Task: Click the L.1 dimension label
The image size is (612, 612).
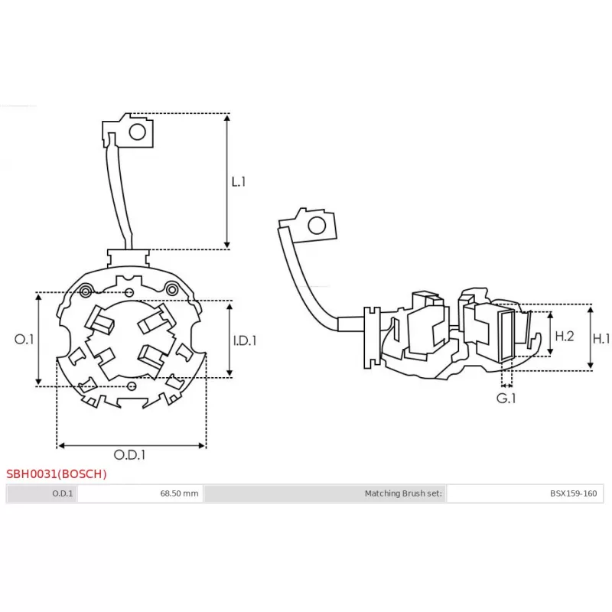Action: (x=239, y=182)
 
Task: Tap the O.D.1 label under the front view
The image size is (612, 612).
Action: (x=130, y=454)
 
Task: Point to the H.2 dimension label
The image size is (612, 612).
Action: (x=564, y=336)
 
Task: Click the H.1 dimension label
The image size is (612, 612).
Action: (x=602, y=338)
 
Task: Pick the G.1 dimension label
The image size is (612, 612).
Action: (x=505, y=399)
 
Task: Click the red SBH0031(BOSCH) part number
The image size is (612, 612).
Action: (x=57, y=474)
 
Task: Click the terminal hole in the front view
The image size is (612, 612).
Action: (x=137, y=132)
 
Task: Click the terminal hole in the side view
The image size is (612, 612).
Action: (x=315, y=226)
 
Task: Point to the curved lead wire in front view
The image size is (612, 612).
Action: (x=117, y=191)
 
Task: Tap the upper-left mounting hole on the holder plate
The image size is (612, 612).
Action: (x=86, y=290)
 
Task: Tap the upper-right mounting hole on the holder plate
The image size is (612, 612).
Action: (x=173, y=289)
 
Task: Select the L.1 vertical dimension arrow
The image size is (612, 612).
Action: (x=227, y=182)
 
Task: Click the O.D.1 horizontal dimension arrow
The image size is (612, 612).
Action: (x=132, y=444)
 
